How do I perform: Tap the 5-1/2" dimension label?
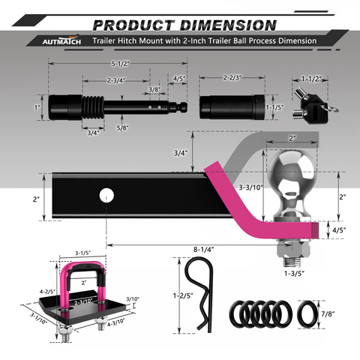point(120,64)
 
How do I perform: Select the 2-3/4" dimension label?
point(116,80)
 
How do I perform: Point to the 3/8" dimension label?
point(154,89)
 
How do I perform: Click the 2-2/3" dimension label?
point(232,77)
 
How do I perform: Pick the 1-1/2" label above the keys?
point(311,79)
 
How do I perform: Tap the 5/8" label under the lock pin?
point(123,127)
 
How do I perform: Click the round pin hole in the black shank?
point(106,195)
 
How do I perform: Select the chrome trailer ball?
point(292,185)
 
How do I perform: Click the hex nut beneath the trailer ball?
point(293,250)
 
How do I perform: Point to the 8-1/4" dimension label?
point(203,250)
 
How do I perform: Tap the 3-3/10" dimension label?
point(250,187)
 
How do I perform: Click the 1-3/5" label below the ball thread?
point(294,274)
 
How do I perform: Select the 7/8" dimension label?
point(328,313)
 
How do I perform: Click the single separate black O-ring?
point(307,314)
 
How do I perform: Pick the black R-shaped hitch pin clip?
point(200,295)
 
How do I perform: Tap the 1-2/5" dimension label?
point(183,295)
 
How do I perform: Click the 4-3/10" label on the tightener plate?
point(116,324)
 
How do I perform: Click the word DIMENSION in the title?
point(228,25)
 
